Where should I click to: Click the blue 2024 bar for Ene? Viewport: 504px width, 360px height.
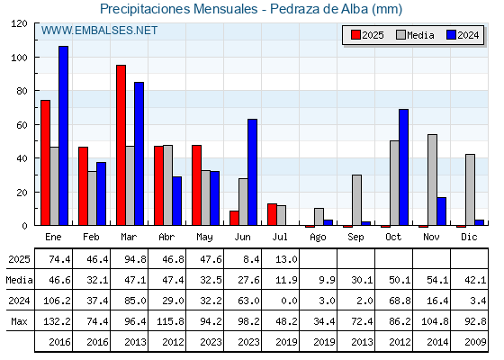pos(63,136)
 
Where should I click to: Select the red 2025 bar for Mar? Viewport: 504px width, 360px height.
pos(121,145)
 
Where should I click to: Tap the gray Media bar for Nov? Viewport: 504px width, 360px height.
pos(432,180)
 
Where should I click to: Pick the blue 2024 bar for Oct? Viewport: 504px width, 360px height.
pos(404,167)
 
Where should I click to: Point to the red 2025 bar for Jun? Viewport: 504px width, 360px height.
pos(234,218)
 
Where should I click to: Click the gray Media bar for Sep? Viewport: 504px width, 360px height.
pos(356,200)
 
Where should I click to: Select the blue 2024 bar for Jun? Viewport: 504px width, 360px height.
pos(253,172)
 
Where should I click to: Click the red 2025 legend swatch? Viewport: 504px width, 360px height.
pos(355,35)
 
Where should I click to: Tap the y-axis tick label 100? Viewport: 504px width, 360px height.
pos(20,58)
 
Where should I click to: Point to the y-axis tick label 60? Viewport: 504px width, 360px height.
pos(22,125)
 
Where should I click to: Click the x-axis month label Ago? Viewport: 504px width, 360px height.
pos(318,238)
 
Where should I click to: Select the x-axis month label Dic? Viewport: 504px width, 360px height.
pos(469,237)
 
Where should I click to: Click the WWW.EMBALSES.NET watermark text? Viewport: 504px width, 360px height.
pos(99,31)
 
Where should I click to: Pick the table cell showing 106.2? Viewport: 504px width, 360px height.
pos(57,301)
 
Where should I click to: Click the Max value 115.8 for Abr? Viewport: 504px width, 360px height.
pos(170,321)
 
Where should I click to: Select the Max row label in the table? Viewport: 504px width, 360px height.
pos(19,321)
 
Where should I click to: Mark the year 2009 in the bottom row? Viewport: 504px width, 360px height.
pos(475,342)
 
